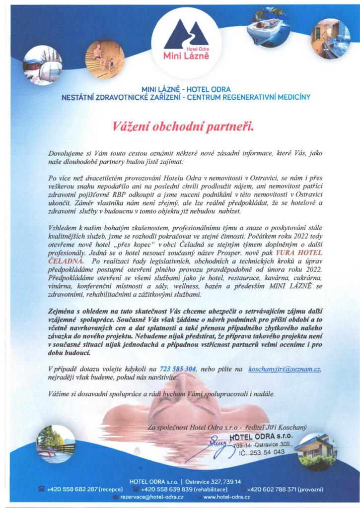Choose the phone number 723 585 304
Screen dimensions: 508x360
(x=178, y=369)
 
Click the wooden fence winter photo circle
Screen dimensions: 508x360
(x=56, y=444)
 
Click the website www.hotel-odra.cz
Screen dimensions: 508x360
(x=226, y=497)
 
